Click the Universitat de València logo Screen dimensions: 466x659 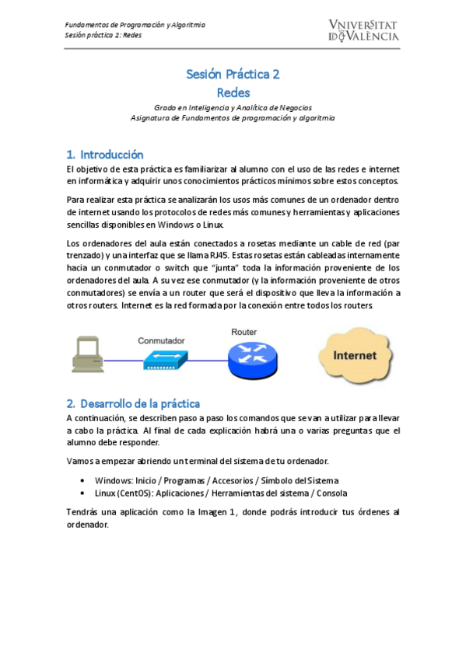363,30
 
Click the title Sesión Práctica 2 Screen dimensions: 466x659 233,75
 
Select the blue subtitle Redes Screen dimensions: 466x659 233,92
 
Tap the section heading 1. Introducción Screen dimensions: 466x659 105,154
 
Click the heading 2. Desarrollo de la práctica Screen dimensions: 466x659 133,403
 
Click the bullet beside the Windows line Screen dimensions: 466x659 83,480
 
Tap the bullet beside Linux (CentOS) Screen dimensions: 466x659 83,493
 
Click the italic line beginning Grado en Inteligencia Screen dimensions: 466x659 233,107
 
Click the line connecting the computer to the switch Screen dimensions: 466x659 124,360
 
